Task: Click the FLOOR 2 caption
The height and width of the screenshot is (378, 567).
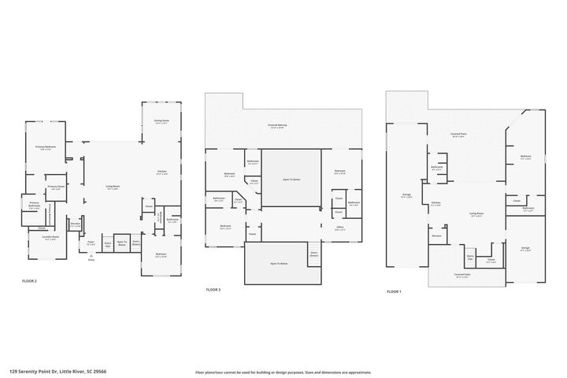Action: pos(30,280)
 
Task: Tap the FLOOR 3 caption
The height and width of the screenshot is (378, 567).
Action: pos(213,290)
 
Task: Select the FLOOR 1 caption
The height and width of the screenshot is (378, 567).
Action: pos(394,291)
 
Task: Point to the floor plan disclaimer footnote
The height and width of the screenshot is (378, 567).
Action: pos(283,372)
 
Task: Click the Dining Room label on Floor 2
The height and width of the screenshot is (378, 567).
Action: pos(161,121)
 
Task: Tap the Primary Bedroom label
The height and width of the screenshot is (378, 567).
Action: pos(45,148)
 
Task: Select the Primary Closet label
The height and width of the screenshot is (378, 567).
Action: pos(56,187)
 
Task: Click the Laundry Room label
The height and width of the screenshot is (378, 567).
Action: pos(50,239)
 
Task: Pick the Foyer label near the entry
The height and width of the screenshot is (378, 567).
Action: pos(91,243)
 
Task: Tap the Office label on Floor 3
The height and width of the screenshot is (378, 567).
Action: pos(339,228)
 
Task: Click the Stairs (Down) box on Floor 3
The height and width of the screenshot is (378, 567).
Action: pos(313,254)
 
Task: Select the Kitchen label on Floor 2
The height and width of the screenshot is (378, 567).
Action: pos(161,172)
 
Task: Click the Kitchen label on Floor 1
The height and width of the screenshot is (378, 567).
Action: pos(435,202)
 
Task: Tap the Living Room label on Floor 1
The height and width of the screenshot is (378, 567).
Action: pos(476,213)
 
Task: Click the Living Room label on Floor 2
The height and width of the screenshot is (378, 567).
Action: pos(113,187)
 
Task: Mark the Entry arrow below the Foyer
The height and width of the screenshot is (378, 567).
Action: pos(91,256)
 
